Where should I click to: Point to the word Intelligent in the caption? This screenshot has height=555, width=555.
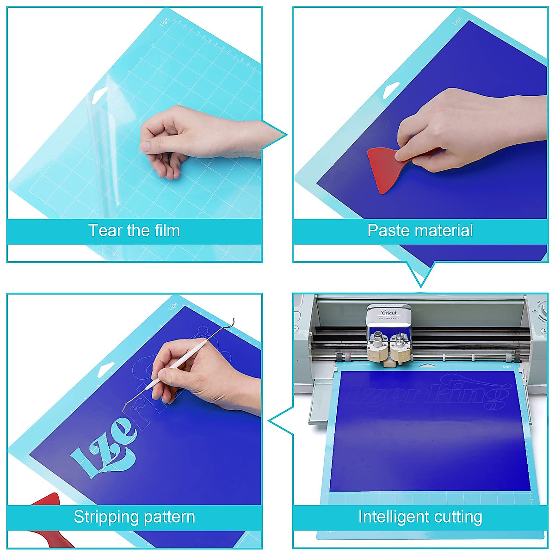pos(391,517)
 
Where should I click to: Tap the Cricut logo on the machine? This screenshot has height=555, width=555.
pos(388,313)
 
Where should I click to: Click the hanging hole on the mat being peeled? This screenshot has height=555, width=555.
pos(99,96)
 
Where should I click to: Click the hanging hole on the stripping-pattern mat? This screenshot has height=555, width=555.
pos(107,368)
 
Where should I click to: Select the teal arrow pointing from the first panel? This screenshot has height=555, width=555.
pos(275,135)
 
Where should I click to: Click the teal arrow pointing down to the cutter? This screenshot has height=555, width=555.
pos(420,275)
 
